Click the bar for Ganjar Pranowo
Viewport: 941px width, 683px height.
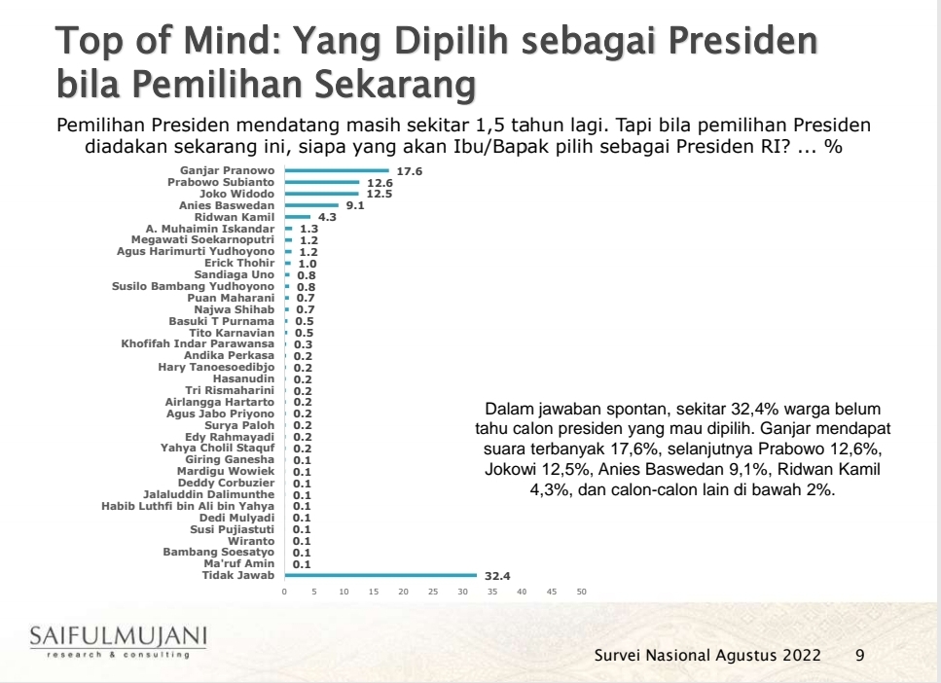[336, 171]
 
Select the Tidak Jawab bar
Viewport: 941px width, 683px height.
[380, 575]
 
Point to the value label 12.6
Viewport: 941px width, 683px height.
[379, 183]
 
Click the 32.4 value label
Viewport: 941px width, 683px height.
[496, 575]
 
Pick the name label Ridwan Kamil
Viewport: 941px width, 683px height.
[235, 217]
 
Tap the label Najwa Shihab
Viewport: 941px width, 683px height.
[235, 308]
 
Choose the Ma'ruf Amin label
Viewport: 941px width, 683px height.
[239, 563]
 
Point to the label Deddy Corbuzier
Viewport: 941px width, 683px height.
[226, 483]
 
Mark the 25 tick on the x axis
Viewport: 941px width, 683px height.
[433, 592]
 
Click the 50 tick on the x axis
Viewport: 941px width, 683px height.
[582, 592]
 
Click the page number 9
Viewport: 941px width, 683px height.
[859, 655]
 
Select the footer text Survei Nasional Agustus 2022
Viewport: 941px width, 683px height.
[707, 655]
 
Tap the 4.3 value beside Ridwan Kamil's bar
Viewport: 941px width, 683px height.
[327, 217]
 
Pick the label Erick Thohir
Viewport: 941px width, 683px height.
[239, 263]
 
